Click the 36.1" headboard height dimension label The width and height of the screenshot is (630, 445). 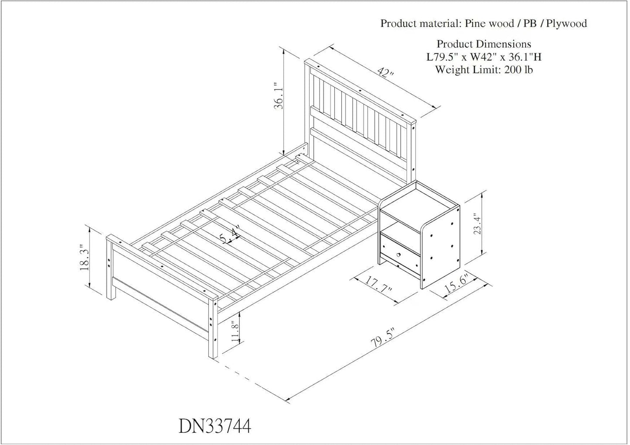click(x=279, y=96)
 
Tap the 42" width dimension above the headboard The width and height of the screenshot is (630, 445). click(x=385, y=72)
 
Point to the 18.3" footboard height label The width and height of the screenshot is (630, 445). click(x=85, y=257)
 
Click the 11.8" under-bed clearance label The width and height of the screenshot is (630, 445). click(x=235, y=331)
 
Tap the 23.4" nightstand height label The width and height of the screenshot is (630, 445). click(x=477, y=223)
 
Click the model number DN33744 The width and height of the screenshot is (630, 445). click(x=215, y=426)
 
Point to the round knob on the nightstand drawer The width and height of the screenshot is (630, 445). click(x=398, y=255)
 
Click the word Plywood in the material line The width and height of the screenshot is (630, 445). click(x=566, y=24)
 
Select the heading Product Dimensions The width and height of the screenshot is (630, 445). click(x=484, y=44)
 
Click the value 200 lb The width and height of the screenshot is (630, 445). click(x=518, y=69)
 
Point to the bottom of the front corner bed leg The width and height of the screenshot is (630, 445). click(x=213, y=356)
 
